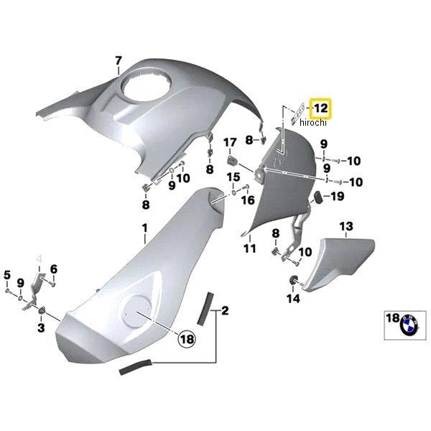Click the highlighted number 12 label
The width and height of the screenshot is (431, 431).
tap(320, 109)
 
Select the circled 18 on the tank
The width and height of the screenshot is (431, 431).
tap(186, 338)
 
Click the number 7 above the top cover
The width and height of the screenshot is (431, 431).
tap(119, 60)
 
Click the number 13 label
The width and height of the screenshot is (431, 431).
tap(346, 227)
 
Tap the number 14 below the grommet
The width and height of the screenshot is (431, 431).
tap(292, 298)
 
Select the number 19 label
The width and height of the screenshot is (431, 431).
tap(336, 196)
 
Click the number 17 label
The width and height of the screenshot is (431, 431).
tap(231, 142)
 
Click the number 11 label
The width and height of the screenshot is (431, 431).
tap(249, 249)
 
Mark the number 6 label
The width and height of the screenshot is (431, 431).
tap(53, 269)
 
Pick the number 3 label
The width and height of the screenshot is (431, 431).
tap(41, 328)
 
